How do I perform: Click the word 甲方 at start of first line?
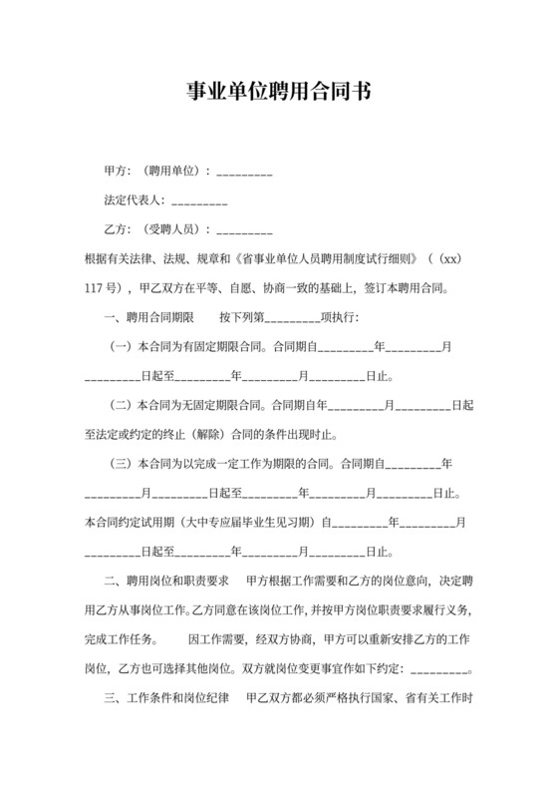point(115,171)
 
